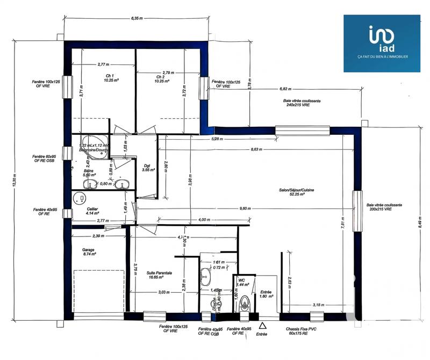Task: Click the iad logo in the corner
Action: click(x=382, y=42)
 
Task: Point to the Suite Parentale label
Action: click(x=160, y=275)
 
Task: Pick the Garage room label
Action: click(x=89, y=252)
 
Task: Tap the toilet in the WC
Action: click(x=245, y=303)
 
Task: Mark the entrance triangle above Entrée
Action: click(x=262, y=326)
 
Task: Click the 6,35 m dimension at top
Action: click(x=137, y=18)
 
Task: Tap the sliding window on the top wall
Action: click(x=302, y=129)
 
